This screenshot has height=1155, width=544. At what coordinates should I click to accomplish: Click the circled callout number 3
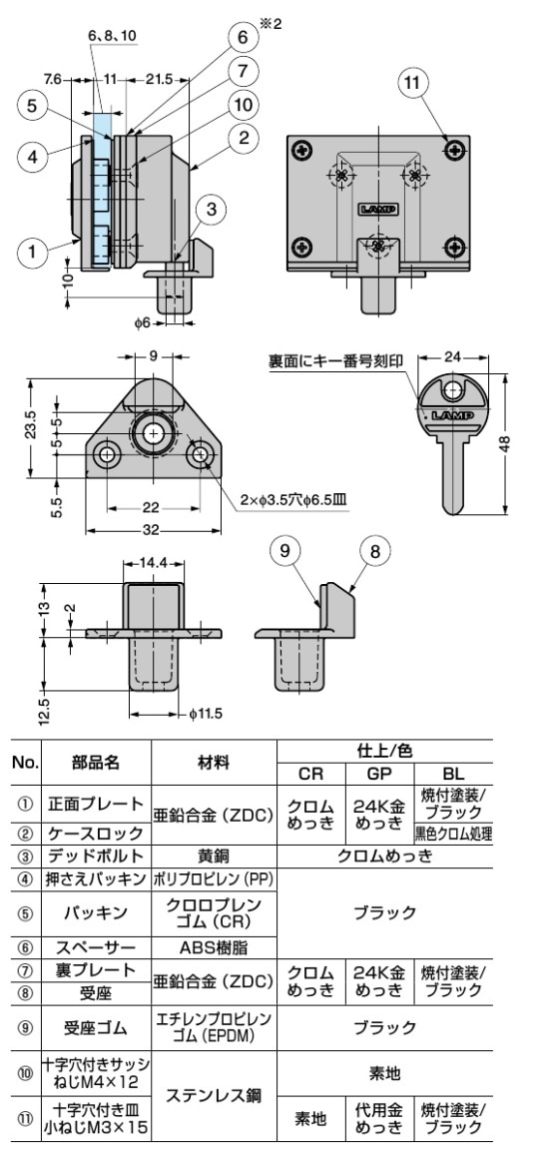(211, 209)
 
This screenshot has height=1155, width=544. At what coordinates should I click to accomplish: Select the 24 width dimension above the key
(451, 356)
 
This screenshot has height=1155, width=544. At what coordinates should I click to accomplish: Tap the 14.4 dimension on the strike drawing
(153, 565)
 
